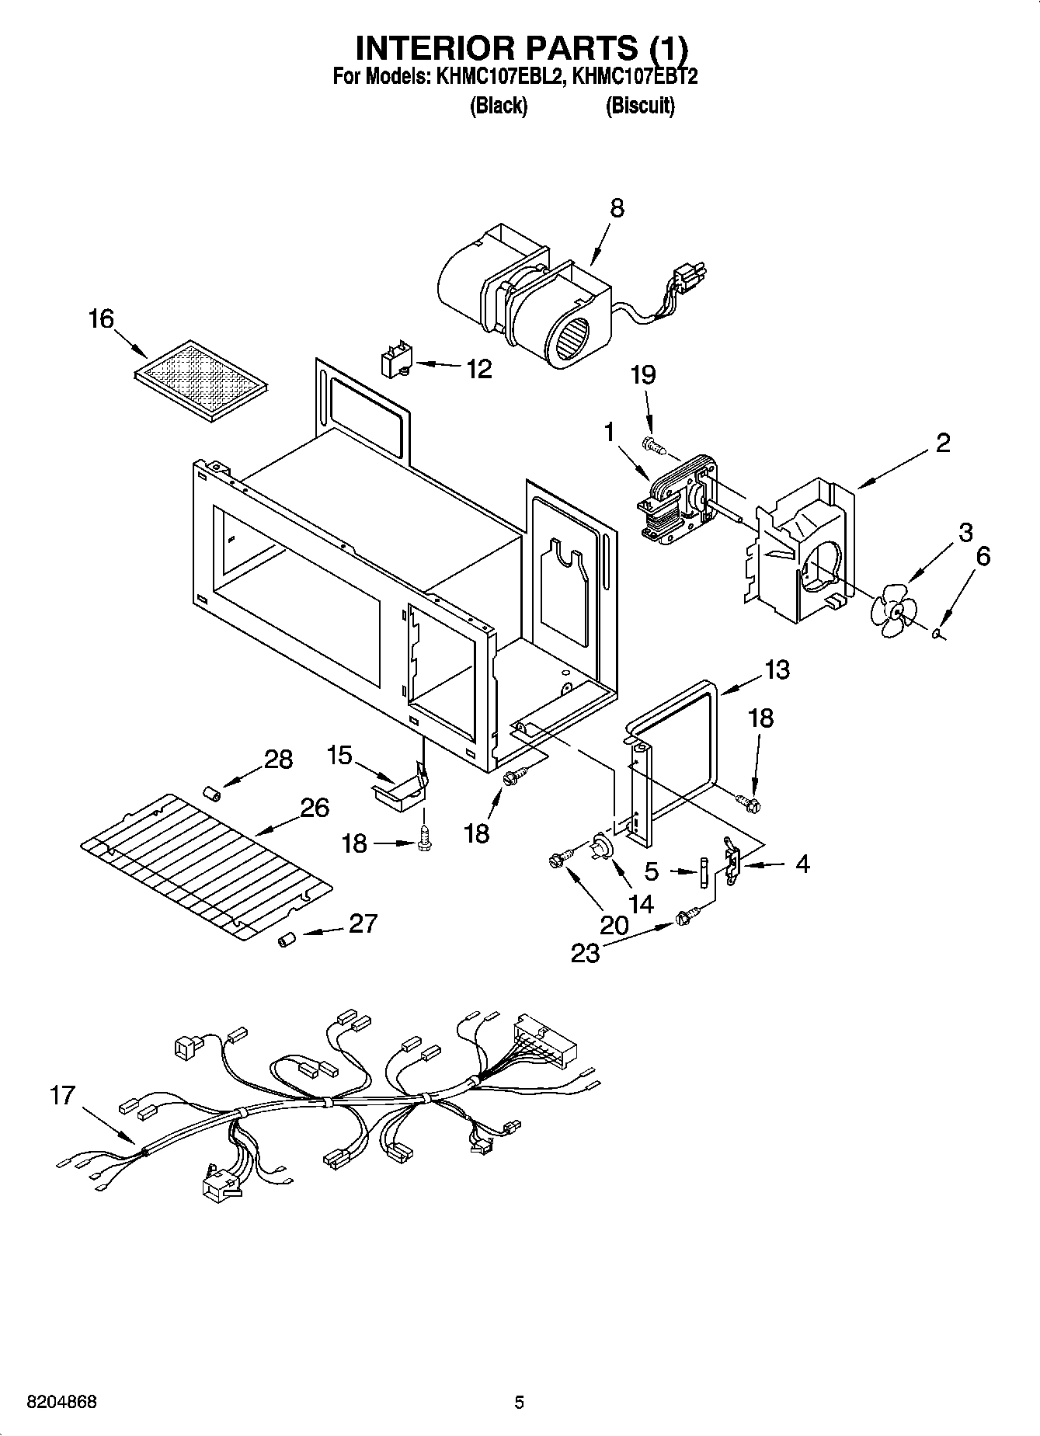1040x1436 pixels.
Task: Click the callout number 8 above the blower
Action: pyautogui.click(x=617, y=208)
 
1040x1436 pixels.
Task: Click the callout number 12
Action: pyautogui.click(x=479, y=369)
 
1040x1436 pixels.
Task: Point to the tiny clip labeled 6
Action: pyautogui.click(x=937, y=635)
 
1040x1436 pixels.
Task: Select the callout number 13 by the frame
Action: pyautogui.click(x=777, y=669)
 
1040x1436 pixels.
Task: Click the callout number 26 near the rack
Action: pyautogui.click(x=314, y=808)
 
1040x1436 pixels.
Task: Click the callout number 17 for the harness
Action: pyautogui.click(x=63, y=1096)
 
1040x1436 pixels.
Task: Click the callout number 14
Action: pyautogui.click(x=642, y=904)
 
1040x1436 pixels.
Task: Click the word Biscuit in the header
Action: pyautogui.click(x=640, y=106)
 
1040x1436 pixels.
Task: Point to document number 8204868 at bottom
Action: pyautogui.click(x=62, y=1403)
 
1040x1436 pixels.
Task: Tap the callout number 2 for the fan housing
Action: pyautogui.click(x=942, y=443)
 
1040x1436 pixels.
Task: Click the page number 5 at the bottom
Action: pyautogui.click(x=520, y=1403)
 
